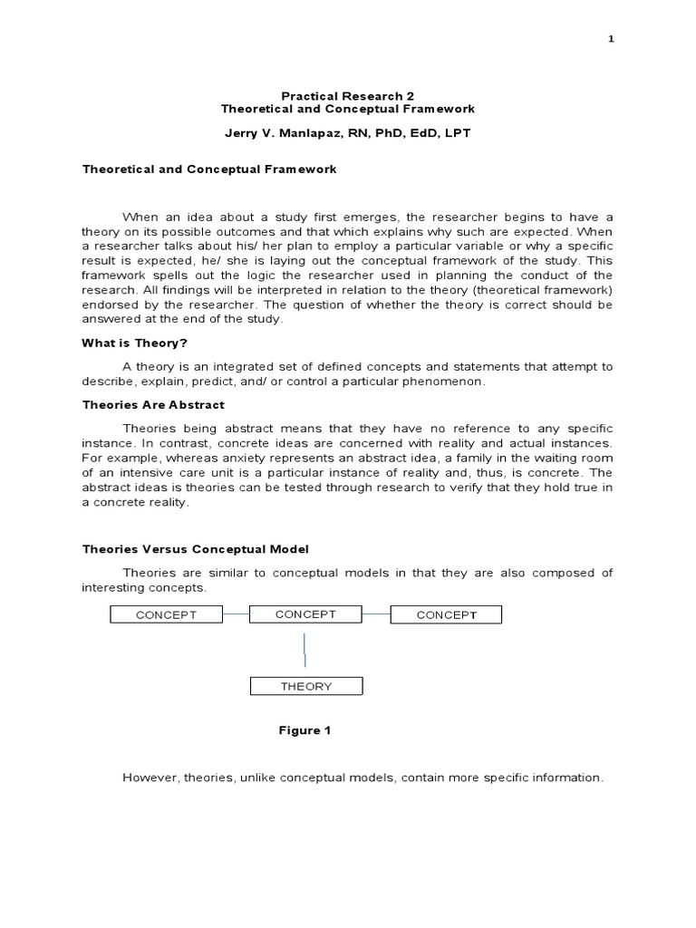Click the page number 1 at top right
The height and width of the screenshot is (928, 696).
click(x=610, y=40)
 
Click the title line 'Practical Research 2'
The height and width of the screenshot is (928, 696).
click(x=348, y=95)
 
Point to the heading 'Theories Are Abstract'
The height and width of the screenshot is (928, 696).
click(x=153, y=404)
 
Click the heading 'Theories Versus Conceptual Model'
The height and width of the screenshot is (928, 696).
click(x=196, y=549)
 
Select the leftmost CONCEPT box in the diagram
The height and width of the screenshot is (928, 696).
click(x=166, y=615)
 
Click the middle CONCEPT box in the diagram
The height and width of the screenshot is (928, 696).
click(x=305, y=614)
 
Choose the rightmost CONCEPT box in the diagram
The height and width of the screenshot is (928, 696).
click(x=445, y=615)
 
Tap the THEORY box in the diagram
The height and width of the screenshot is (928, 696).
click(x=305, y=687)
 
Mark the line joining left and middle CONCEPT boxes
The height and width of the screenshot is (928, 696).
click(x=236, y=614)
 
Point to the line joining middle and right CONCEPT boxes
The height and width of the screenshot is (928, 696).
click(x=376, y=614)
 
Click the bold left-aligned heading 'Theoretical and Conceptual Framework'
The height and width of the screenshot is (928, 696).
click(x=209, y=169)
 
